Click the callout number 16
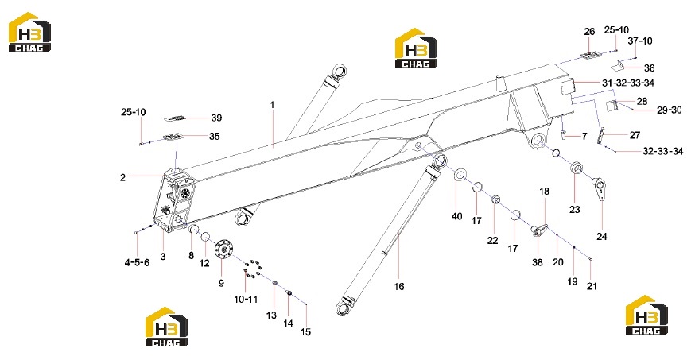point(399,287)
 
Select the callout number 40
point(456,216)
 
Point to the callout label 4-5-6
point(137,262)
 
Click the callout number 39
point(216,118)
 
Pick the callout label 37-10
point(640,41)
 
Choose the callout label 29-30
point(669,110)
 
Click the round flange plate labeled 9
point(223,250)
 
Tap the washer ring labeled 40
point(459,174)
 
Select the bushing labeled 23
point(577,168)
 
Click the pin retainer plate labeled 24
point(600,188)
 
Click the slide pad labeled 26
point(590,55)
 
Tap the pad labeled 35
point(173,137)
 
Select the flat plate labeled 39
point(175,118)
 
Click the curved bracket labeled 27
point(601,136)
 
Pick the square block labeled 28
point(612,106)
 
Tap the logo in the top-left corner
point(29,32)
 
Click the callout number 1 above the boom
point(272,105)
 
